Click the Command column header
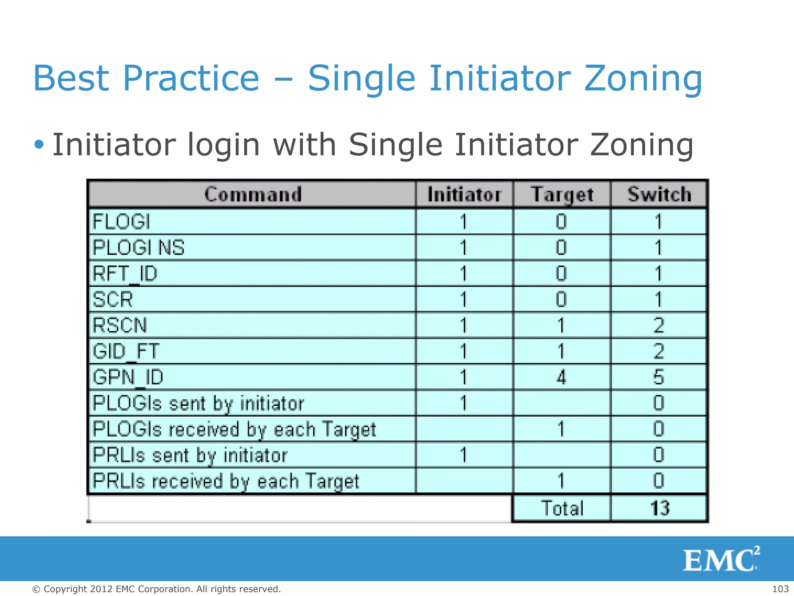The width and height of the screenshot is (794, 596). click(252, 194)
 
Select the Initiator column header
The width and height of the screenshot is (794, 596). click(464, 194)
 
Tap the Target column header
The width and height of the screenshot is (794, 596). click(562, 194)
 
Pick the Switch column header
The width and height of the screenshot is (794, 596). click(659, 194)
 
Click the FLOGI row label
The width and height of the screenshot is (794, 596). click(121, 222)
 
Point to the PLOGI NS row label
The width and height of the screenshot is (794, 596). click(138, 248)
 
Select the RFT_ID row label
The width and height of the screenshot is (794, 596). click(125, 274)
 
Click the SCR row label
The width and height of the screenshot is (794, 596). click(113, 300)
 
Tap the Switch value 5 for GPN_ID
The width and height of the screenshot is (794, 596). click(659, 377)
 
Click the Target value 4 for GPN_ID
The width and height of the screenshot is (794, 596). click(561, 377)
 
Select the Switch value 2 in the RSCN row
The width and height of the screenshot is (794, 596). click(659, 325)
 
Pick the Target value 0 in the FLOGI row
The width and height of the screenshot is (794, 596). click(561, 222)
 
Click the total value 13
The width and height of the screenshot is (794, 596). click(659, 508)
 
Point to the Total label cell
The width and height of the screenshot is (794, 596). click(562, 508)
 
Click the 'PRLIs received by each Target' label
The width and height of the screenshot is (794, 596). click(226, 481)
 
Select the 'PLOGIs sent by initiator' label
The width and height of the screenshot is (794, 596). click(198, 403)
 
